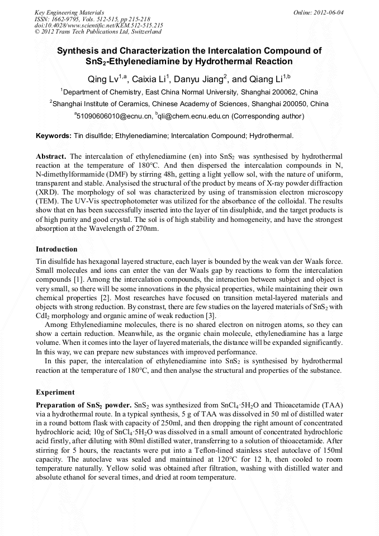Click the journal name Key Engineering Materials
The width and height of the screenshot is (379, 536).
tap(69, 12)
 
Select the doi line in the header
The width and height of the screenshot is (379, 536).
tap(99, 25)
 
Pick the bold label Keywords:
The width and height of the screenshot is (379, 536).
tap(54, 136)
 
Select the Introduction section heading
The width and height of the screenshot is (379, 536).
tap(56, 249)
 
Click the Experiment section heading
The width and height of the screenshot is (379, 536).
tap(55, 392)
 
